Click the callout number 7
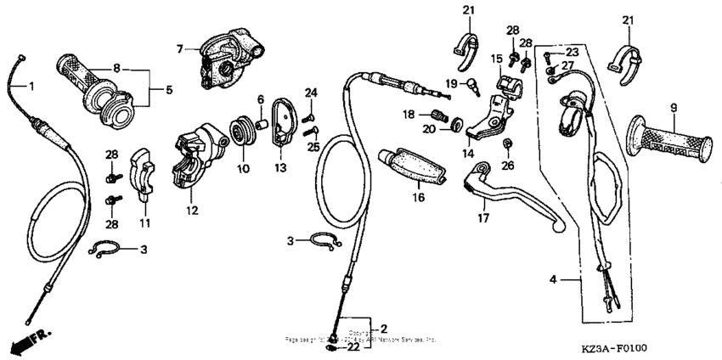(178, 50)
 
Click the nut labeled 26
(507, 142)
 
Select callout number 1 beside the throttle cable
(31, 86)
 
